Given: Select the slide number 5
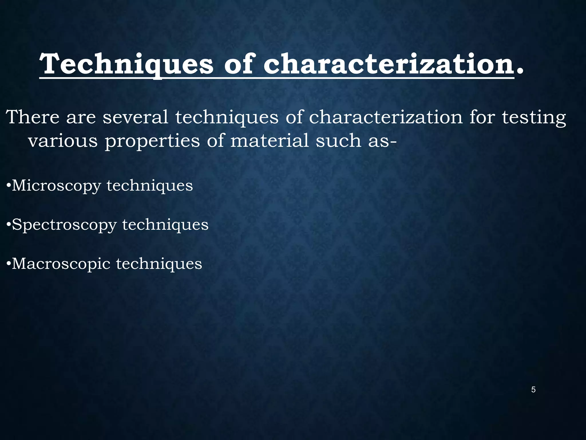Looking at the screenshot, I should pyautogui.click(x=533, y=390).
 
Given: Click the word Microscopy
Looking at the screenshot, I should pyautogui.click(x=56, y=186).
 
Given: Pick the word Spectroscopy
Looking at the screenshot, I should pyautogui.click(x=64, y=225).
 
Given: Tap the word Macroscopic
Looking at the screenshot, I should pyautogui.click(x=61, y=264).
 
